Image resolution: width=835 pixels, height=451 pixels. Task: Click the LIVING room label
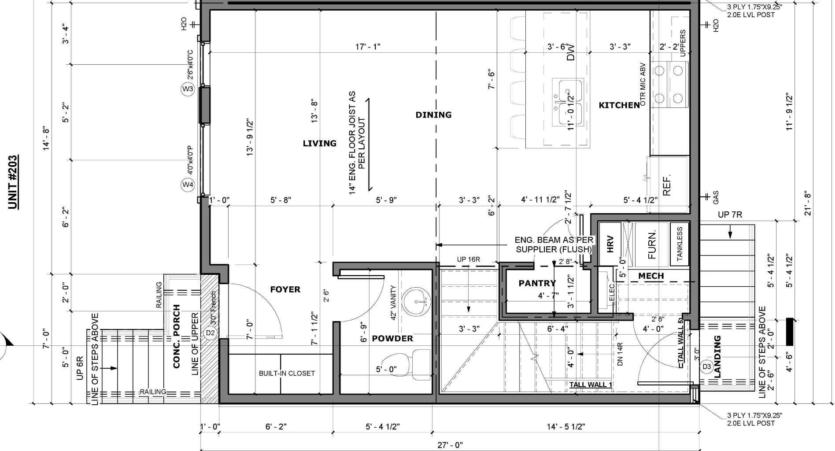pos(319,143)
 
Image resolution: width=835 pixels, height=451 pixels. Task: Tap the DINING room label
pos(433,115)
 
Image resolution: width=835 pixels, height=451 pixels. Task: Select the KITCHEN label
pos(619,105)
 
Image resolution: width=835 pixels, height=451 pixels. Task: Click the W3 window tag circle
pos(188,89)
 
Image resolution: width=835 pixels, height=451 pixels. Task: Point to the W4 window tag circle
pos(188,185)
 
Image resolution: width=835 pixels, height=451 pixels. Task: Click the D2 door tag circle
pos(210,333)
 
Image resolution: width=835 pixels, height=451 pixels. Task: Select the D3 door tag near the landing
pos(706,366)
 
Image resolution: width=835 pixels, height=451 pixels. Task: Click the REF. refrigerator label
pos(667,185)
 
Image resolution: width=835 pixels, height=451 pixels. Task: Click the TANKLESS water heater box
pos(680,244)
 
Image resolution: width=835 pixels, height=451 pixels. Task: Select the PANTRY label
pos(537,283)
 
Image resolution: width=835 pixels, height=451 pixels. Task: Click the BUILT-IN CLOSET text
pos(287,373)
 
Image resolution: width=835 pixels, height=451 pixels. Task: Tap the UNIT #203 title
pos(13,182)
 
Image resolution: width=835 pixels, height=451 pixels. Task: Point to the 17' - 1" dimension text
pos(368,47)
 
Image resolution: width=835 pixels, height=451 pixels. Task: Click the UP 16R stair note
pos(468,259)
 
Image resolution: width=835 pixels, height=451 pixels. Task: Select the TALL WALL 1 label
pos(591,384)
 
